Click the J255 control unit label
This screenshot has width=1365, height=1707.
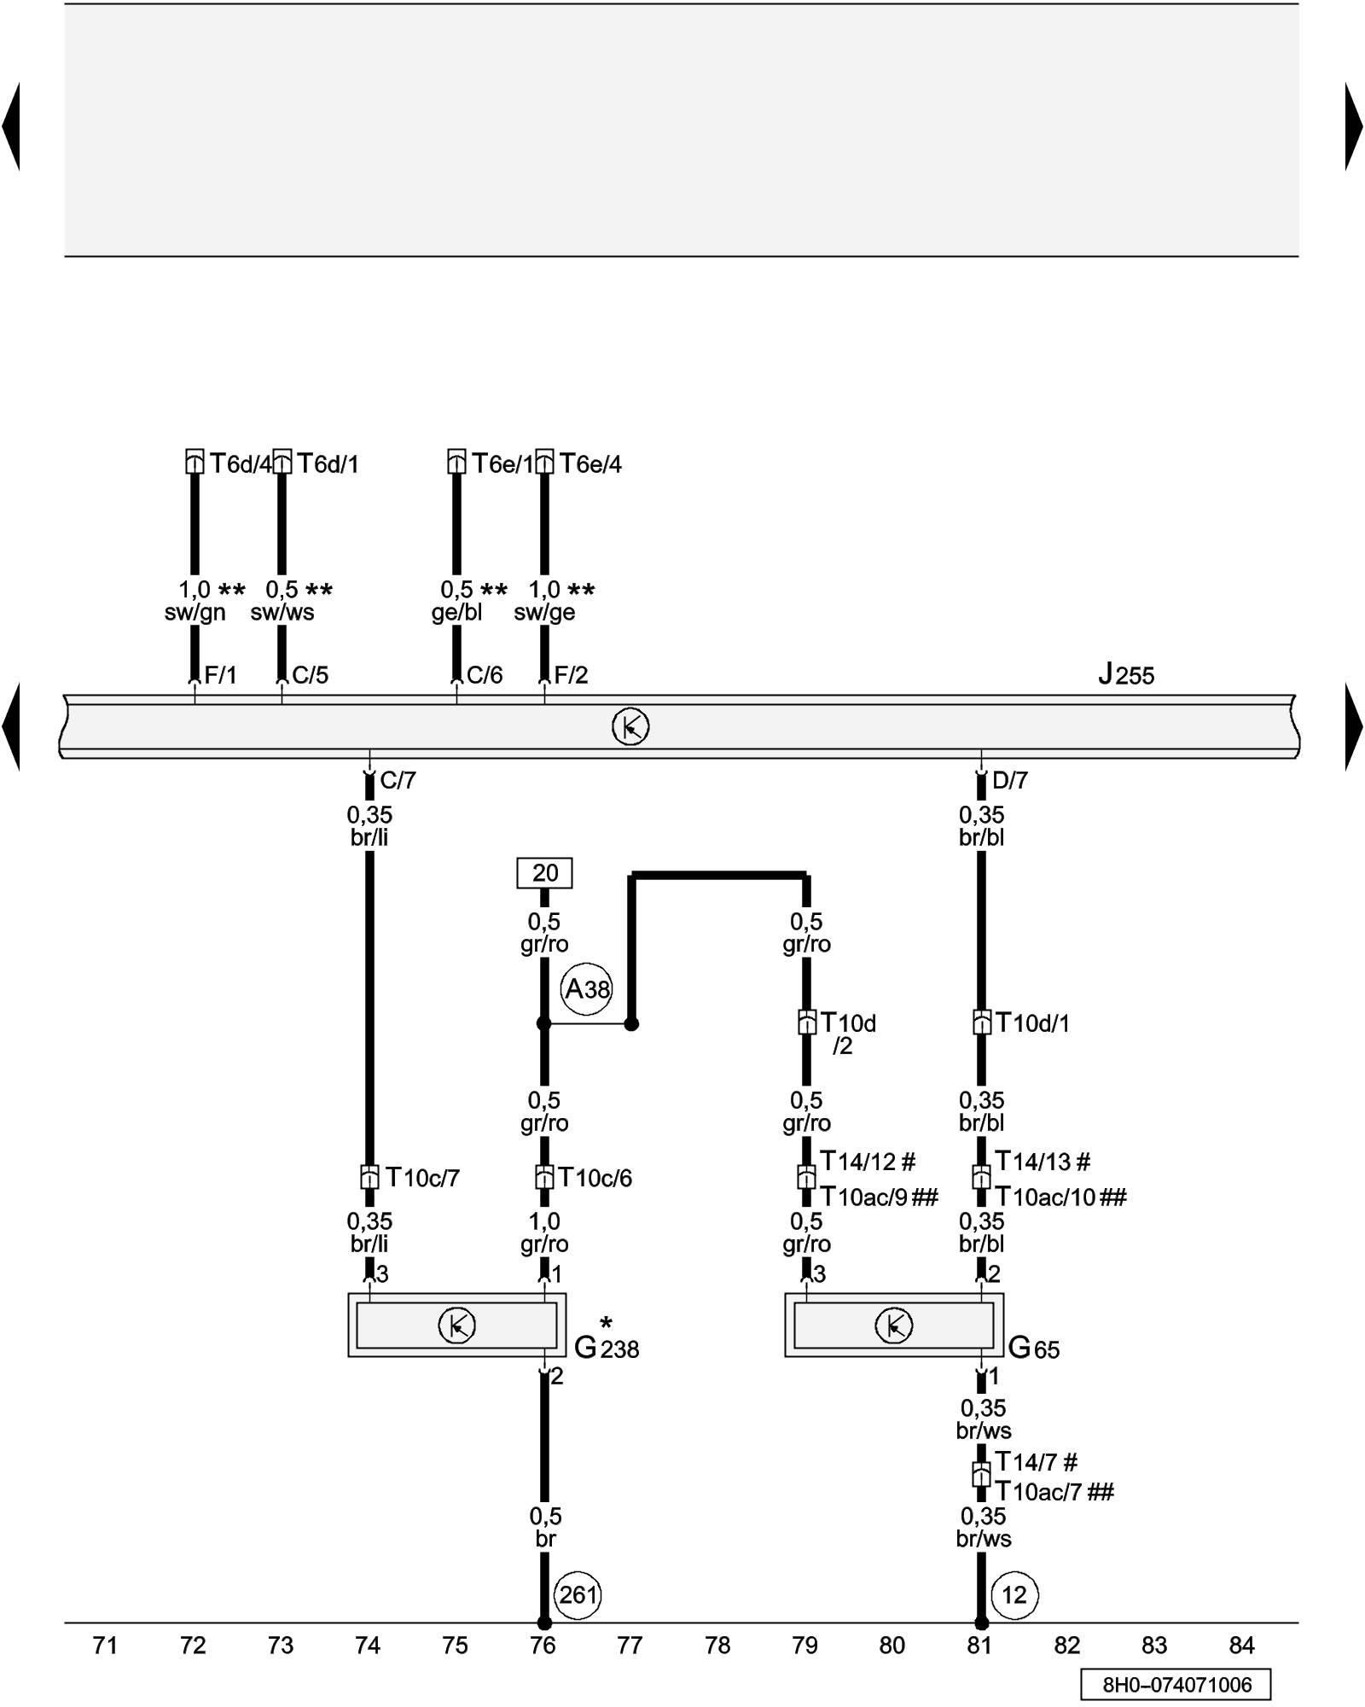1125,675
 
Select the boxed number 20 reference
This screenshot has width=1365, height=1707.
544,873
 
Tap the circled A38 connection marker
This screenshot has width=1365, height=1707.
587,989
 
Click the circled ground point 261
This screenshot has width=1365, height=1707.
578,1594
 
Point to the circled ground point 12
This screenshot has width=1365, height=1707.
1014,1594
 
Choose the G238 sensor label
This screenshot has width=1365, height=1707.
607,1347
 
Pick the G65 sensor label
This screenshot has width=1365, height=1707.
1034,1348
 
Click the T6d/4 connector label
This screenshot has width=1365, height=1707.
241,463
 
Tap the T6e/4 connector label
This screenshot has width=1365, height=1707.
590,463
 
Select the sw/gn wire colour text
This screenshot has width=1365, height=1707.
195,612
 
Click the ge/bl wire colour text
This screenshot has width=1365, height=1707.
456,612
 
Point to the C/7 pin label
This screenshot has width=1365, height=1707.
398,780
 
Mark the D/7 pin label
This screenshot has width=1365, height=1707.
1010,780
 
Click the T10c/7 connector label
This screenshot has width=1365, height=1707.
422,1178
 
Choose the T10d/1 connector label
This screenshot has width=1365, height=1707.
1032,1022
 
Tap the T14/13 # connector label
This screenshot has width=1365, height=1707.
1043,1162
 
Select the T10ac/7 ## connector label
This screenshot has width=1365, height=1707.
1054,1491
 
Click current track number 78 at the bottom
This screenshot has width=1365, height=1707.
717,1645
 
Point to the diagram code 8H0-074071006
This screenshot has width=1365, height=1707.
1176,1684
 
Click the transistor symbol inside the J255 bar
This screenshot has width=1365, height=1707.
630,726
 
